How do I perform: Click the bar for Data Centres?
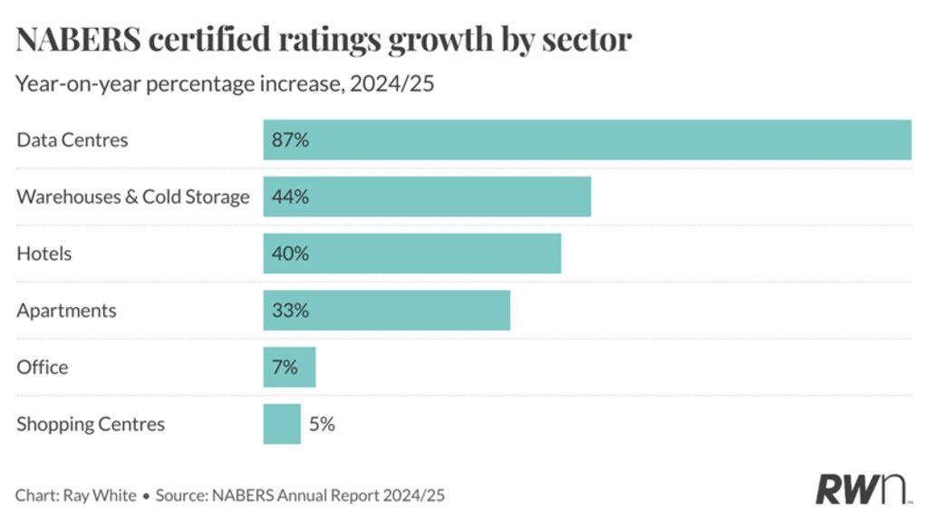click(586, 139)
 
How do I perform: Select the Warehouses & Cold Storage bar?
click(427, 197)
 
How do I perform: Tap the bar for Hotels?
click(411, 254)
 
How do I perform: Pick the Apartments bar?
click(386, 311)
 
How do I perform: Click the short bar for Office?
click(289, 367)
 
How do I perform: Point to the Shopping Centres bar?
click(282, 424)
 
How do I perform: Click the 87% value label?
click(290, 140)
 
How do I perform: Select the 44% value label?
click(290, 197)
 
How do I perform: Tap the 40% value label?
click(290, 254)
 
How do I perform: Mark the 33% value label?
click(290, 311)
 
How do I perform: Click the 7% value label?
click(285, 367)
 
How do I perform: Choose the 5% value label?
click(321, 424)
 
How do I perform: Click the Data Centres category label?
click(72, 140)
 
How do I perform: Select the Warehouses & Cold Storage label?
click(132, 197)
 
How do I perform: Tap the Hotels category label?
click(43, 254)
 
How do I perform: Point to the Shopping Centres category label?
click(91, 424)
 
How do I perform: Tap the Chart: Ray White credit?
click(75, 495)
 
